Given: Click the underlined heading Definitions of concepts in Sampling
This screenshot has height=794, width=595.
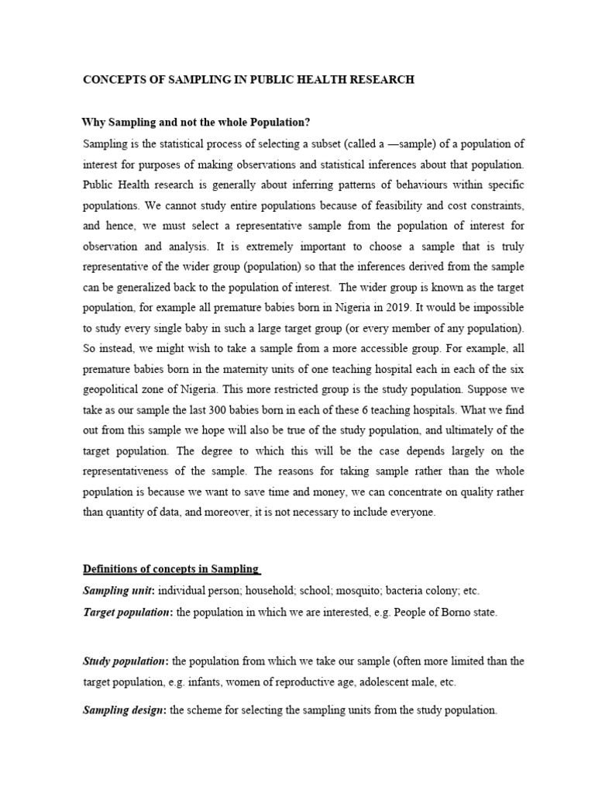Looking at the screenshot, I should [x=170, y=569].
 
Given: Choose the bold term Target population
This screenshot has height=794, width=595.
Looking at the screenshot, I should [x=127, y=613].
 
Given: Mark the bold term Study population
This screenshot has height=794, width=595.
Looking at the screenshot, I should [x=124, y=661].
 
